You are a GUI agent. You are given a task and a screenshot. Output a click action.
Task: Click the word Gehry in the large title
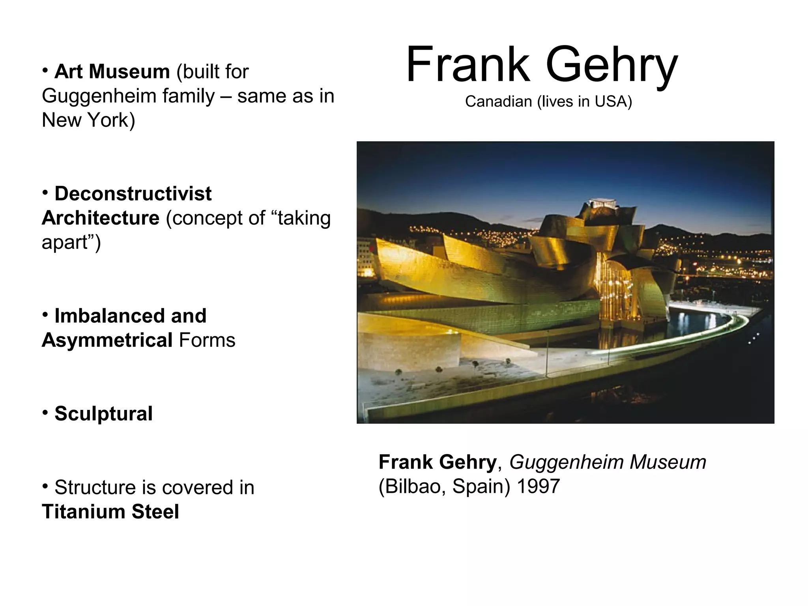pyautogui.click(x=612, y=65)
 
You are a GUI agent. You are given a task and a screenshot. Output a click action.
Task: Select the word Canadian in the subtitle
pyautogui.click(x=498, y=102)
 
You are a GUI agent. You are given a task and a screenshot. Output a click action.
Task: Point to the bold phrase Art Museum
pyautogui.click(x=112, y=72)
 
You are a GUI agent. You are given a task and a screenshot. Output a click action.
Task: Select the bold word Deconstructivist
pyautogui.click(x=133, y=194)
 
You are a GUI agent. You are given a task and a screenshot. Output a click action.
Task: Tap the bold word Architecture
pyautogui.click(x=101, y=218)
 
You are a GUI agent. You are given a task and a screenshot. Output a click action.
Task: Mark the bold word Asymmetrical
pyautogui.click(x=107, y=340)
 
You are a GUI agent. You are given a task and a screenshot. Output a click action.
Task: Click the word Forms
pyautogui.click(x=207, y=340)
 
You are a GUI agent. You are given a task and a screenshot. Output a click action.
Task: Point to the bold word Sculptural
pyautogui.click(x=103, y=414)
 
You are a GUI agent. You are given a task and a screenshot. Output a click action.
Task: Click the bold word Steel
pyautogui.click(x=155, y=512)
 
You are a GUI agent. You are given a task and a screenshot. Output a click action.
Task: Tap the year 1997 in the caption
pyautogui.click(x=538, y=486)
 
